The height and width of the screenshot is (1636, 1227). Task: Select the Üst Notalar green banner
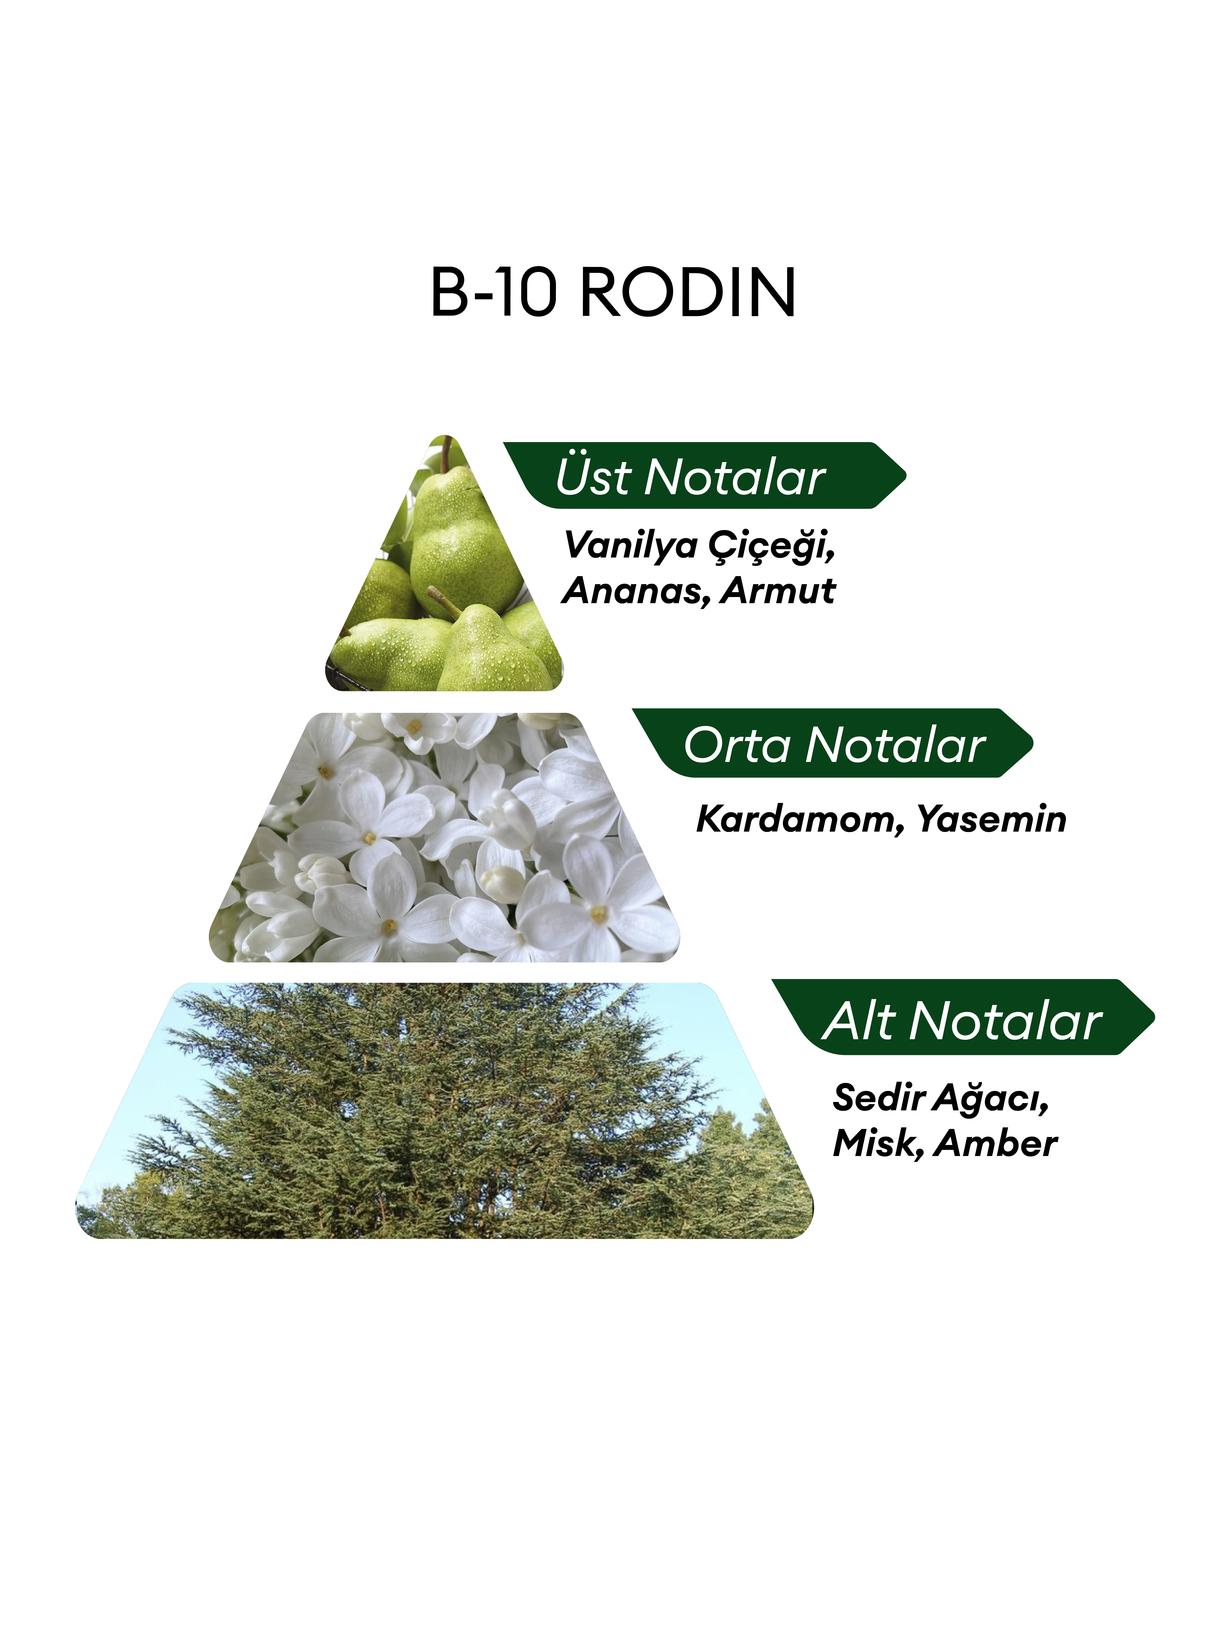(x=704, y=476)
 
